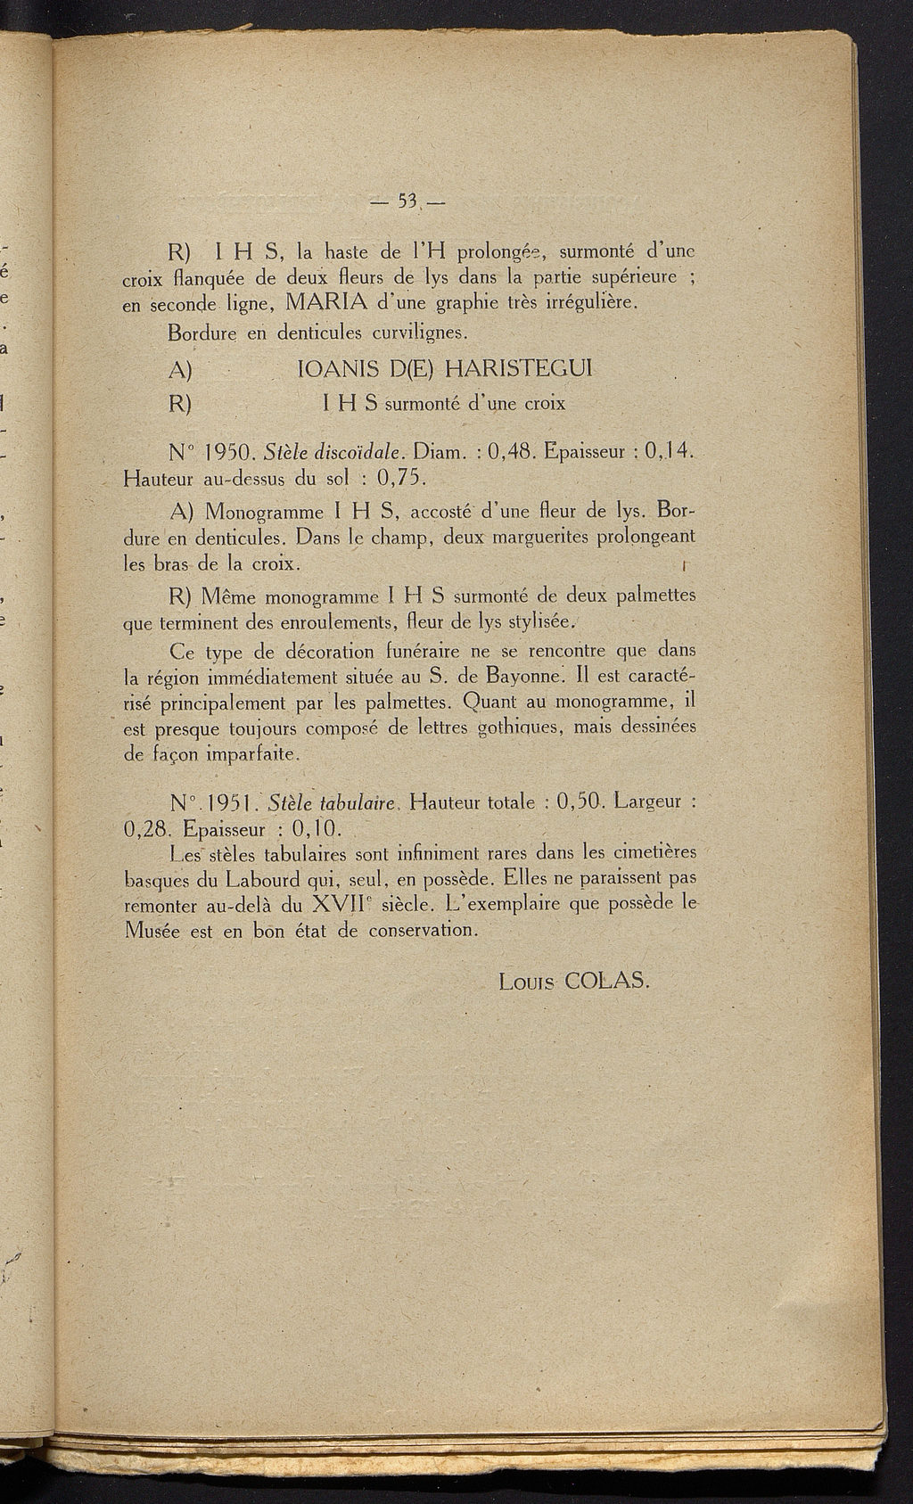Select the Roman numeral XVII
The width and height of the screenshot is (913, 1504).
341,905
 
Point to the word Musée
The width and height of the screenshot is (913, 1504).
152,930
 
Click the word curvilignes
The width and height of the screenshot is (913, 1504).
416,333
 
